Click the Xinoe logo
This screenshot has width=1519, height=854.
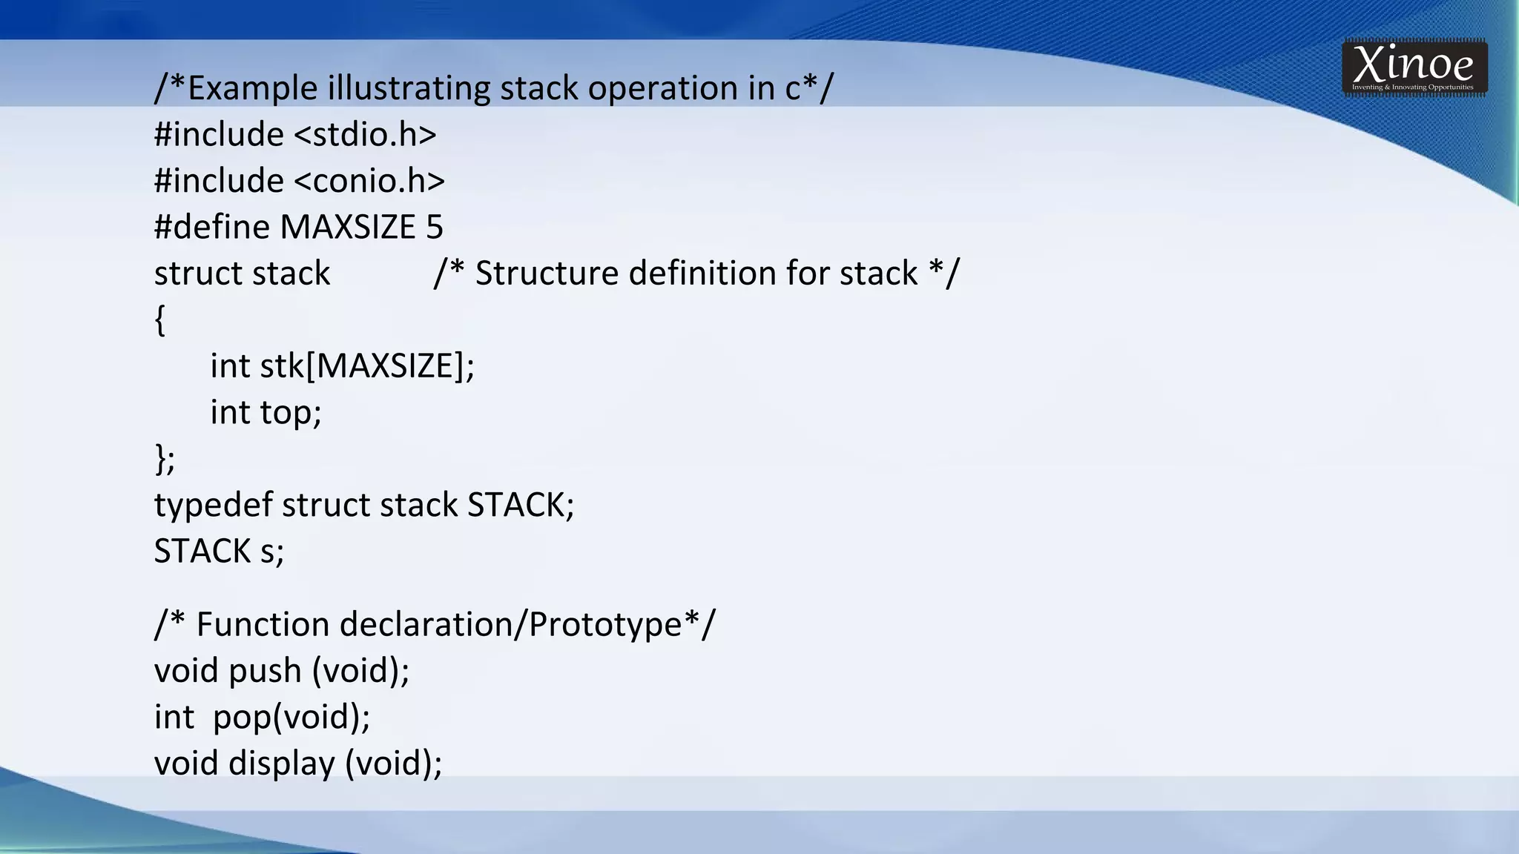1414,67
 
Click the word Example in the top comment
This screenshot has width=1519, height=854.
253,88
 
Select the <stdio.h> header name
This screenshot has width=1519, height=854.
366,135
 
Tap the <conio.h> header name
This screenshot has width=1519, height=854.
369,181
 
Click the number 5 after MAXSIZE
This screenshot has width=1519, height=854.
435,227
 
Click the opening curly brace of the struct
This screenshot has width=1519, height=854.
159,320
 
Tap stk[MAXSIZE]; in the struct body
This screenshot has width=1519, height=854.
367,366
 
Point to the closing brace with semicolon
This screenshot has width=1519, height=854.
165,459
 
